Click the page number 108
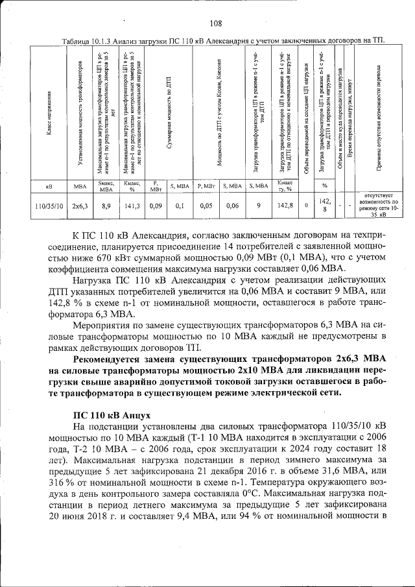[216, 24]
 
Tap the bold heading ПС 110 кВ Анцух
[112, 414]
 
